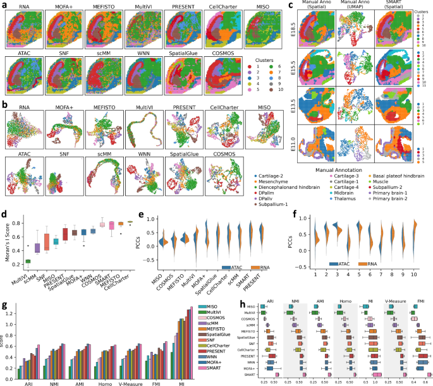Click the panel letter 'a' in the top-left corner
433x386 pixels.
point(5,5)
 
